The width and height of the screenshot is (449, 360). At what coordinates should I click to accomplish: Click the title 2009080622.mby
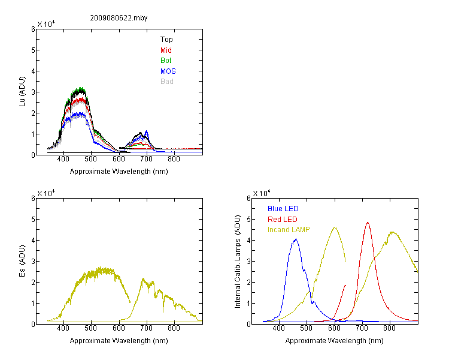(x=119, y=18)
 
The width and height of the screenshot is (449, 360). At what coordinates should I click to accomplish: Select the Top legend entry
(x=166, y=40)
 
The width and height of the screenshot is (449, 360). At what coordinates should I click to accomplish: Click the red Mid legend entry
(x=166, y=50)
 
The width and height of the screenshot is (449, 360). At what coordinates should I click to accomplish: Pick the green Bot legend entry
(x=166, y=61)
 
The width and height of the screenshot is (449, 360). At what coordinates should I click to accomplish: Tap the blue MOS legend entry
(x=168, y=71)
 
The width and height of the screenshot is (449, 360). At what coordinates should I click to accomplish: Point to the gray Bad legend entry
(x=166, y=82)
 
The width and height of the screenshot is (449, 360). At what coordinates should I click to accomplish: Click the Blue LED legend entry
(x=283, y=209)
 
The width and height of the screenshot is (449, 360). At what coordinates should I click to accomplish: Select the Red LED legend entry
(x=283, y=220)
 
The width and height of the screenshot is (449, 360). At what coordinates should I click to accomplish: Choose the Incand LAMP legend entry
(x=289, y=230)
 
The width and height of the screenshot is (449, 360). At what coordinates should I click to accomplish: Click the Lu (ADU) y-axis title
(x=22, y=92)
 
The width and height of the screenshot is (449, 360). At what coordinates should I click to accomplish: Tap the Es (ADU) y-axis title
(x=22, y=261)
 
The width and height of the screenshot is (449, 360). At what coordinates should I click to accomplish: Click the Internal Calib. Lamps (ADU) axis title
(x=238, y=262)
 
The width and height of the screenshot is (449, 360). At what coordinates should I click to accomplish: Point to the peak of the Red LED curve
(x=368, y=223)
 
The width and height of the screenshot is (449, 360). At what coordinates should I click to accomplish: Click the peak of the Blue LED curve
(x=296, y=239)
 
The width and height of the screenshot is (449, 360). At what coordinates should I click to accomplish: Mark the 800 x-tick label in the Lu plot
(x=174, y=159)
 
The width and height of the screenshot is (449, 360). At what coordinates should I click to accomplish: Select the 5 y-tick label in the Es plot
(x=33, y=220)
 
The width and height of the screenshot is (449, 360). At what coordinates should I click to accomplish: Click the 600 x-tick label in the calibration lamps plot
(x=334, y=328)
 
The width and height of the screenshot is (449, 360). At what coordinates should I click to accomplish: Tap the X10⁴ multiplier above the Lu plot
(x=46, y=24)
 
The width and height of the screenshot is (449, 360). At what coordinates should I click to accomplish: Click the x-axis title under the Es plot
(x=119, y=341)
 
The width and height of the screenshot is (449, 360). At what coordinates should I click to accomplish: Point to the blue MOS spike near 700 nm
(x=147, y=132)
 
